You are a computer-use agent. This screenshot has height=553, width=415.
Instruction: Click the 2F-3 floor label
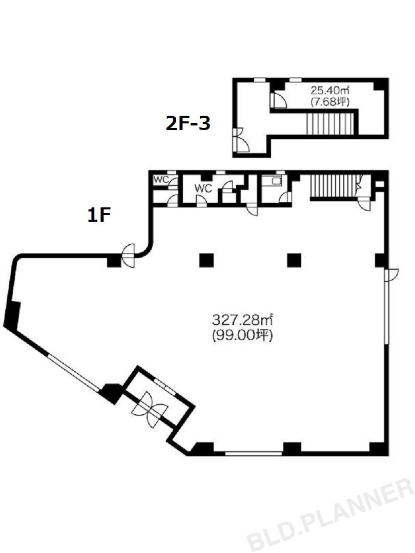[x=188, y=124]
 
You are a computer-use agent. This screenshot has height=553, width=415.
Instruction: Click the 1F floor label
[x=99, y=215]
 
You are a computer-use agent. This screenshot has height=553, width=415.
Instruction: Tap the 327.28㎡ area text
[x=242, y=320]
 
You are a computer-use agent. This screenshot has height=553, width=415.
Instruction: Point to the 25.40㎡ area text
[x=329, y=91]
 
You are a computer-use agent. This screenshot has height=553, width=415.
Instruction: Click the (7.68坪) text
[x=329, y=102]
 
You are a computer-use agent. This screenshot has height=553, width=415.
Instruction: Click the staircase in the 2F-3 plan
[x=329, y=123]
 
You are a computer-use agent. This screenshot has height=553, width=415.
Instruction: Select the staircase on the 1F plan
[x=334, y=187]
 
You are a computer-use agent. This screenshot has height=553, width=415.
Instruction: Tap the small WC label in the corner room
[x=161, y=180]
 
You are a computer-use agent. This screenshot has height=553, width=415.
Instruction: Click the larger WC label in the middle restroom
[x=203, y=188]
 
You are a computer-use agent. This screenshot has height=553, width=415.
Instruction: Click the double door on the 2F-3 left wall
[x=240, y=139]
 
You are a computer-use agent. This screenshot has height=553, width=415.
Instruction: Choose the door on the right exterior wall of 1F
[x=391, y=275]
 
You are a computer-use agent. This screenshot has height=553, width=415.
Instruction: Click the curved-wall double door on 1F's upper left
[x=129, y=256]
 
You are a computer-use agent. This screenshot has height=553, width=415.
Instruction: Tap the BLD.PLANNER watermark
[x=330, y=516]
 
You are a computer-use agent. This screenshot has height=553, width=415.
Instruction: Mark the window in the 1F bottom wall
[x=254, y=454]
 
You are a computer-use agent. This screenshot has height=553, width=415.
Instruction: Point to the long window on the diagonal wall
[x=74, y=372]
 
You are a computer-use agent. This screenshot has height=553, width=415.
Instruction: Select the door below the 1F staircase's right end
[x=363, y=204]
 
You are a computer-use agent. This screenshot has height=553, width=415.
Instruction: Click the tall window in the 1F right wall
[x=387, y=306]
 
